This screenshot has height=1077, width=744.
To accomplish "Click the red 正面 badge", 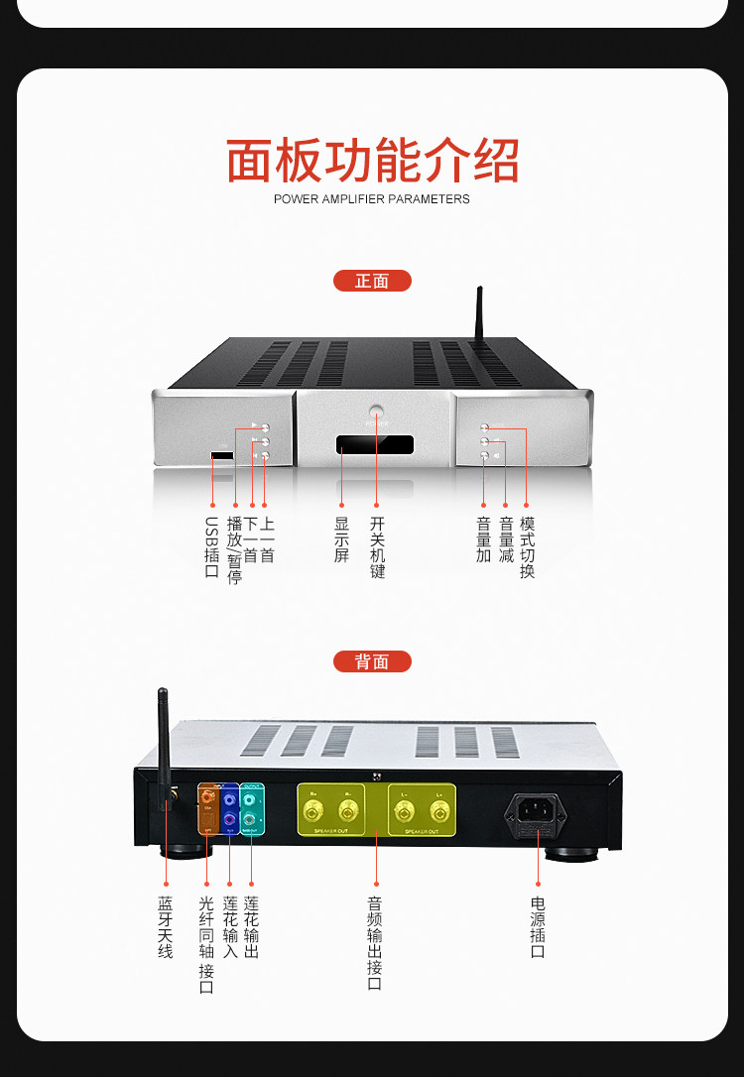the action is pyautogui.click(x=372, y=281).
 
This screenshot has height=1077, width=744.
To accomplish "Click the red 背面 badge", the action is pyautogui.click(x=372, y=661).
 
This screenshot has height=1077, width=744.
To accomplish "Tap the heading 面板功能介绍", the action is pyautogui.click(x=372, y=161).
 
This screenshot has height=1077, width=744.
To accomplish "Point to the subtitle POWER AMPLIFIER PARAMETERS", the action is pyautogui.click(x=372, y=199).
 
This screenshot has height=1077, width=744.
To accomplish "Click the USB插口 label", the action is pyautogui.click(x=211, y=546).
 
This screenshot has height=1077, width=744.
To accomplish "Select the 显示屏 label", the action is pyautogui.click(x=341, y=539).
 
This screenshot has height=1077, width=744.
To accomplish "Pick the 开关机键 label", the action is pyautogui.click(x=377, y=546).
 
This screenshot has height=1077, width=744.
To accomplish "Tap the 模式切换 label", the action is pyautogui.click(x=527, y=546).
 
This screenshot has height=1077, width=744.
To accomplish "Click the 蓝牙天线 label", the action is pyautogui.click(x=165, y=927).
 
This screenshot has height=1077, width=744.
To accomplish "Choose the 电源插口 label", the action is pyautogui.click(x=538, y=927).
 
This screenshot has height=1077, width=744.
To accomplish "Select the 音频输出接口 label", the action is pyautogui.click(x=375, y=942).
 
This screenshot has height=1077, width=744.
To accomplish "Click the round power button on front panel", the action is pyautogui.click(x=376, y=411).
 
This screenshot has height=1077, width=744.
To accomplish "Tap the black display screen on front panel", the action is pyautogui.click(x=375, y=443).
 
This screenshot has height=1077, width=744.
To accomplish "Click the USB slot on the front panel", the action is pyautogui.click(x=222, y=456).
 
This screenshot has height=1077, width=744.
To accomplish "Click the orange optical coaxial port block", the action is pyautogui.click(x=207, y=809).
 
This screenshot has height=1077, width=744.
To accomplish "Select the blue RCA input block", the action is pyautogui.click(x=230, y=809).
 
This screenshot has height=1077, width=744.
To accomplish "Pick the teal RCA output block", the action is pyautogui.click(x=252, y=809).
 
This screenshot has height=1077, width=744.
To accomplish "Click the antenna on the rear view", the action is pyautogui.click(x=163, y=744).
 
